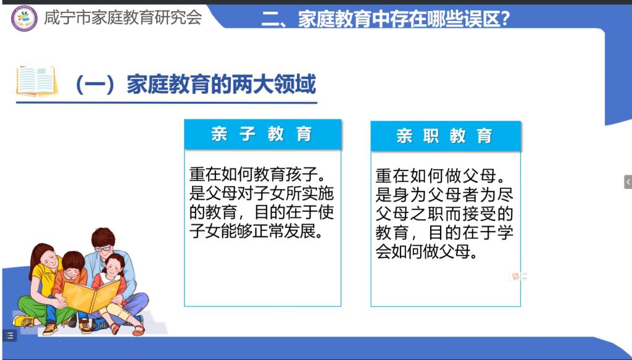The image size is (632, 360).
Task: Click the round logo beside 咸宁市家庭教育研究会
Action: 24,18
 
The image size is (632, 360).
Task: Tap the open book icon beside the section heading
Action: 36,82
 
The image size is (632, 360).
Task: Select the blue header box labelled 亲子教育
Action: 263,134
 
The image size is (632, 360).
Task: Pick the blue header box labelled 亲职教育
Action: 446,136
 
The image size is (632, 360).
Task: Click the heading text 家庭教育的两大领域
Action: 221,85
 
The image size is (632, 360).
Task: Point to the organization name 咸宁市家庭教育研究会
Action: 123,17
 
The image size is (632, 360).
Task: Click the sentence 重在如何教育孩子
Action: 257,175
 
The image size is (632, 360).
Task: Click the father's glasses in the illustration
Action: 102,248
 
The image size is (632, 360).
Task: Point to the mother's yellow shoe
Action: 24,321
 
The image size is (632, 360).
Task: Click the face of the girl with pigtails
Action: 114,268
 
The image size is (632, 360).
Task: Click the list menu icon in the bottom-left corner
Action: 10,335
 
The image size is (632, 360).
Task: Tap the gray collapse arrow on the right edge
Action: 628,182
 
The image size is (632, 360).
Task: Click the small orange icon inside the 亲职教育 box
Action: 515,276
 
